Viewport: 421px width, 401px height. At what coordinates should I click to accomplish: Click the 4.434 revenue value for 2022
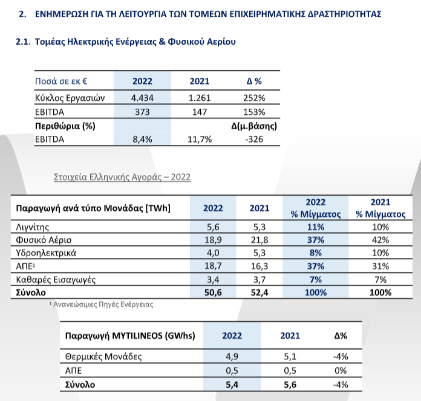tap(142, 98)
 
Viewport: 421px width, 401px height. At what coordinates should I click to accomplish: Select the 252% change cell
tap(254, 98)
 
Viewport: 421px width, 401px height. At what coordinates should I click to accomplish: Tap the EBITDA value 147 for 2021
tap(200, 112)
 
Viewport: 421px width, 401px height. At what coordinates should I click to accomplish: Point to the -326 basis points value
tap(254, 139)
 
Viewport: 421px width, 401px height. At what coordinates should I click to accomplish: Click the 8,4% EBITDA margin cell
tap(142, 139)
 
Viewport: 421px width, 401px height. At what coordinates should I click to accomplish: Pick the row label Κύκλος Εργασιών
tap(70, 98)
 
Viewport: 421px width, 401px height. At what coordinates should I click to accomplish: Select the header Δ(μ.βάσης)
tap(254, 126)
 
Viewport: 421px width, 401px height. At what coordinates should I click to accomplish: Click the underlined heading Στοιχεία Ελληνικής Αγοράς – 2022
tap(122, 177)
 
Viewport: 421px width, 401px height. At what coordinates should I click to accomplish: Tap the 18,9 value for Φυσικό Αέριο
tap(213, 240)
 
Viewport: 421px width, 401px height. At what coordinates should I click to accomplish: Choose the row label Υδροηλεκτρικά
tap(46, 253)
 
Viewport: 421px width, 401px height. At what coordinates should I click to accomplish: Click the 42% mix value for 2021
tap(380, 240)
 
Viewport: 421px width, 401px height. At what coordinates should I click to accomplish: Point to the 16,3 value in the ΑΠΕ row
tap(259, 266)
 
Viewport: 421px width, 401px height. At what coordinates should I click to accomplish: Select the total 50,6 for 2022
tap(213, 292)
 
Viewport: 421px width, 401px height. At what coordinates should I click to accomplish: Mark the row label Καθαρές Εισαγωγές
tap(56, 280)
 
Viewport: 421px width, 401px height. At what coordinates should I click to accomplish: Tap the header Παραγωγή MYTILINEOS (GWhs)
tap(130, 336)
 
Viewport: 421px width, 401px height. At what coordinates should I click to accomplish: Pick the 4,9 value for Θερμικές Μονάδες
tap(232, 356)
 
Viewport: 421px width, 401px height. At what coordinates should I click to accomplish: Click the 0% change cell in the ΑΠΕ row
tap(341, 370)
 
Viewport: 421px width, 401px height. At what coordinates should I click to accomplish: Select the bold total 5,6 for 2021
tap(290, 385)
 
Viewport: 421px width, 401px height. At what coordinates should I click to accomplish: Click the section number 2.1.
tap(23, 42)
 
